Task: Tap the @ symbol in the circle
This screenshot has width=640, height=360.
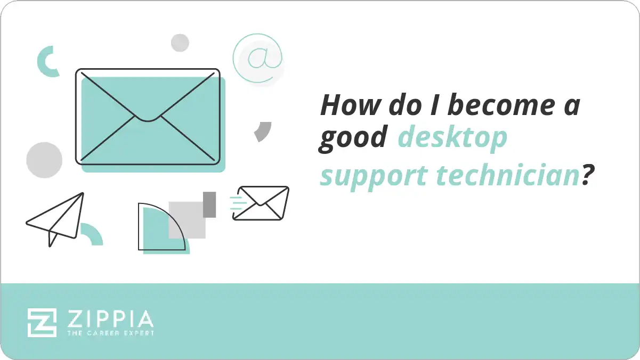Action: (258, 58)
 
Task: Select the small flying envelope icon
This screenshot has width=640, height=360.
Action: (261, 203)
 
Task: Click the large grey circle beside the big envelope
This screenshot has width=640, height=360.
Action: (44, 160)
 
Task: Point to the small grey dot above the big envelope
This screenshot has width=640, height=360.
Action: (180, 43)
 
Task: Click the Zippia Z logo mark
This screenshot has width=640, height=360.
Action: (42, 322)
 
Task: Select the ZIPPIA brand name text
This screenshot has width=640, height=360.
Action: (110, 319)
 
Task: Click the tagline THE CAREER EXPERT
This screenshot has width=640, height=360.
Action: (110, 333)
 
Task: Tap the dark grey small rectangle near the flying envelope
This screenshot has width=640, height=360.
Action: (209, 204)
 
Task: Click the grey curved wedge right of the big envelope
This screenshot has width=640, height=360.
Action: (263, 131)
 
